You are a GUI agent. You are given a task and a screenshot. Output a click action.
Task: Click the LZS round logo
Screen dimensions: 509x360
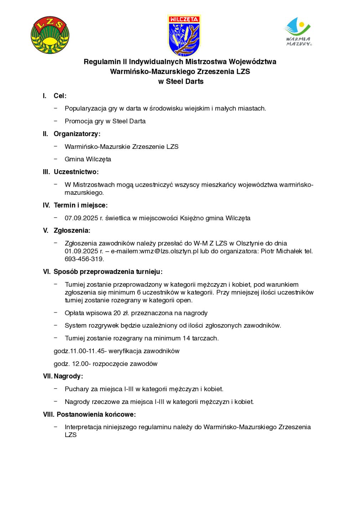pyautogui.click(x=50, y=35)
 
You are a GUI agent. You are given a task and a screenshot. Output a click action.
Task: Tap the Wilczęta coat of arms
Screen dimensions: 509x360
pyautogui.click(x=184, y=35)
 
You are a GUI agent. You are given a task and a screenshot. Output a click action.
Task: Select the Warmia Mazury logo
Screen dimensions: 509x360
pyautogui.click(x=298, y=32)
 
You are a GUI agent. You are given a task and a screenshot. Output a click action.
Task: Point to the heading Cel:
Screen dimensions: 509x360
pyautogui.click(x=60, y=96)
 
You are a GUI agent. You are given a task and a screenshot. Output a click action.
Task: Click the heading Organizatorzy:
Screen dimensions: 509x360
pyautogui.click(x=77, y=134)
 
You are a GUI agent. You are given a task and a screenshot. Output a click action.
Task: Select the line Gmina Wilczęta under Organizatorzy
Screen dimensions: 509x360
pyautogui.click(x=88, y=159)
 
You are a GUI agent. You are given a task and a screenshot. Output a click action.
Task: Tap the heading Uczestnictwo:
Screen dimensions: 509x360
pyautogui.click(x=76, y=172)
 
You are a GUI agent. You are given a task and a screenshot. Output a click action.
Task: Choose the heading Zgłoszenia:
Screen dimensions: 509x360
pyautogui.click(x=72, y=230)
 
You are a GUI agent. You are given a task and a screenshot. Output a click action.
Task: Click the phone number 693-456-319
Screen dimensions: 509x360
pyautogui.click(x=84, y=259)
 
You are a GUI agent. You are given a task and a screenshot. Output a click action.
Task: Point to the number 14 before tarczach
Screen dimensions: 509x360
pyautogui.click(x=186, y=338)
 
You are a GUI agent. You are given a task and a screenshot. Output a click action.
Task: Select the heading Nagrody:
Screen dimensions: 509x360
pyautogui.click(x=68, y=376)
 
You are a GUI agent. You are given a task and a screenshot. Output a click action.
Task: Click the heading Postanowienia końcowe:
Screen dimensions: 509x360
pyautogui.click(x=96, y=415)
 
